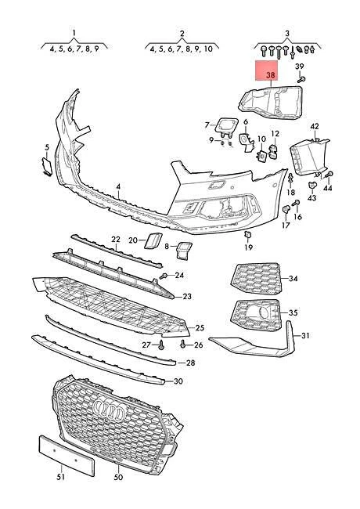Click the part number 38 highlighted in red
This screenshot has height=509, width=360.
point(270,75)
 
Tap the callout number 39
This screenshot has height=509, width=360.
point(300,67)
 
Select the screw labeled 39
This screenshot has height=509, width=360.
point(301,79)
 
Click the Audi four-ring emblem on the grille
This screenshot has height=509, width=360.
point(109,409)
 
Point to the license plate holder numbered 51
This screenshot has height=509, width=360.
point(67,455)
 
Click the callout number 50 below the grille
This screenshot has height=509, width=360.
point(118,477)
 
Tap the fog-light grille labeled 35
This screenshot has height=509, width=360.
point(256,316)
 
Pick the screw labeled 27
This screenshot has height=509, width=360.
point(161,345)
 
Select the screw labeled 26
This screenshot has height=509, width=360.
point(184,344)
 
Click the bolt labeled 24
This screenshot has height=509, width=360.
point(164,276)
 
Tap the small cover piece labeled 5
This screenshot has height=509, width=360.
point(46,167)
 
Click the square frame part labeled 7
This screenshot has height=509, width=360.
point(227,127)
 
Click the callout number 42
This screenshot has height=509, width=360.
point(315,126)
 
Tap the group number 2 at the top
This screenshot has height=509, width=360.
point(182,33)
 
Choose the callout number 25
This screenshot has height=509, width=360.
point(200,328)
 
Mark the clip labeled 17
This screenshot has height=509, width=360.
point(286,209)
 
